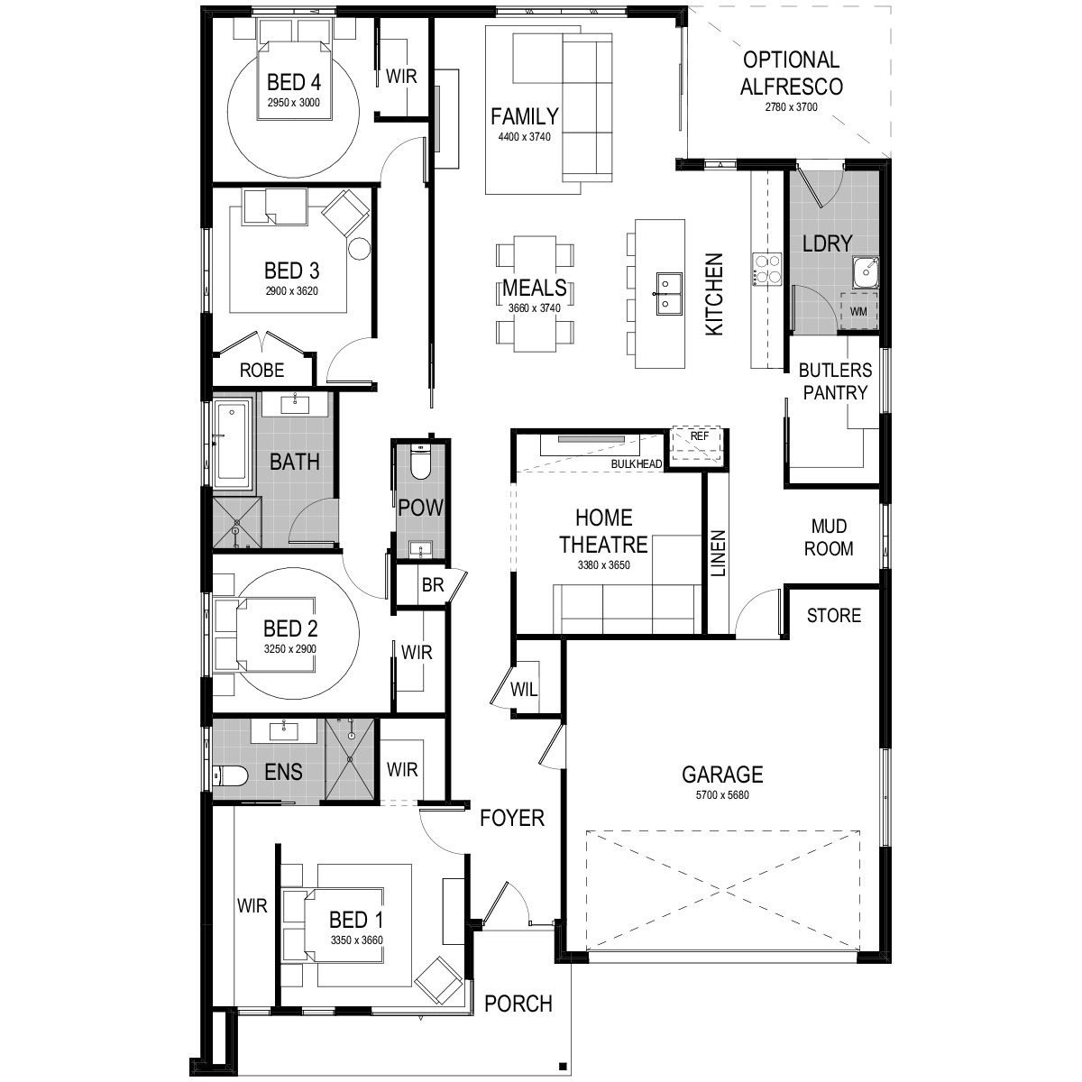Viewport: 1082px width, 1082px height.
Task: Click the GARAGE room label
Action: pyautogui.click(x=722, y=774)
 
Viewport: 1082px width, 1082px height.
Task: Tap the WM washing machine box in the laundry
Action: pyautogui.click(x=858, y=311)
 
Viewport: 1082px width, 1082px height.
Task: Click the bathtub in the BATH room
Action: pyautogui.click(x=234, y=440)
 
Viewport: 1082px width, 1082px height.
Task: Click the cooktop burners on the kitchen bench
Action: pyautogui.click(x=766, y=269)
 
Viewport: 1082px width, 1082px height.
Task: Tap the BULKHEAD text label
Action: pyautogui.click(x=636, y=464)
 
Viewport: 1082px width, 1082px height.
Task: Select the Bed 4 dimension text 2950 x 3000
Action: pyautogui.click(x=294, y=103)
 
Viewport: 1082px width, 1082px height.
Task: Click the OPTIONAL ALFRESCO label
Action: pyautogui.click(x=790, y=73)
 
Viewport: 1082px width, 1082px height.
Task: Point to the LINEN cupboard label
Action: pyautogui.click(x=718, y=552)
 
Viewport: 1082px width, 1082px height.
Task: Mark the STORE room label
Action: pyautogui.click(x=833, y=616)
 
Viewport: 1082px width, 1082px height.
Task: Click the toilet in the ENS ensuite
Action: pyautogui.click(x=231, y=775)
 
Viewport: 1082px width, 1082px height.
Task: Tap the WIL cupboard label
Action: pyautogui.click(x=524, y=691)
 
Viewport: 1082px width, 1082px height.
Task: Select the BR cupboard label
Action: pyautogui.click(x=433, y=585)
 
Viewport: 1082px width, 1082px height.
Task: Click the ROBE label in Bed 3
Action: pyautogui.click(x=261, y=370)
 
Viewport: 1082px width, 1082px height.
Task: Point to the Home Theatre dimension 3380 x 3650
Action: pyautogui.click(x=603, y=566)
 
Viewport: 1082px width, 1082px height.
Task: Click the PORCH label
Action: pyautogui.click(x=518, y=1004)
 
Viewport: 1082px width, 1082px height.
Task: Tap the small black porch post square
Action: pyautogui.click(x=562, y=1062)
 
